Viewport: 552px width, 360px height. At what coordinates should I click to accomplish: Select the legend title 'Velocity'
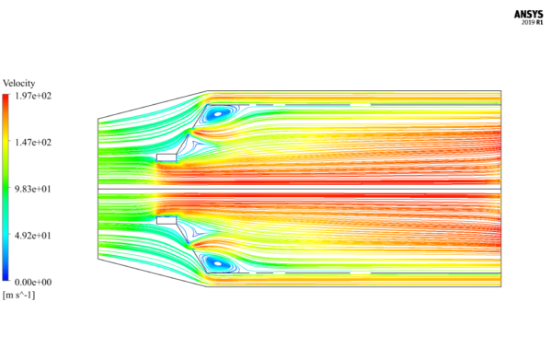tap(19, 84)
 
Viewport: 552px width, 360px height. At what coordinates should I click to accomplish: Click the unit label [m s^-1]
tap(20, 295)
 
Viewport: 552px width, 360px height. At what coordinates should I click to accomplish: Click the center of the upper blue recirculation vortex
tap(218, 115)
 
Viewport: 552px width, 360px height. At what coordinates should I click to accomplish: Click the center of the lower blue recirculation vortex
tap(218, 263)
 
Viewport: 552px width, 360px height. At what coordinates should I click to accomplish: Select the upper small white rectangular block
tap(167, 157)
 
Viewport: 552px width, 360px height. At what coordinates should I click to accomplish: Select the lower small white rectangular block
tap(167, 221)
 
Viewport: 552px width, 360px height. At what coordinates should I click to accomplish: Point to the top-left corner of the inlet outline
tap(98, 118)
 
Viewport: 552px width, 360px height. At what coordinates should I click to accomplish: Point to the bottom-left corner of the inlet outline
tap(98, 261)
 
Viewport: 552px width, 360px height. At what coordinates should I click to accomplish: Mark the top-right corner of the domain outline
tap(501, 91)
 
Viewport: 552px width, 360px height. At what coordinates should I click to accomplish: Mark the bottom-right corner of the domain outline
tap(501, 287)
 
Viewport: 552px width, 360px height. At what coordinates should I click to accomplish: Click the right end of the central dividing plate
tap(500, 190)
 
